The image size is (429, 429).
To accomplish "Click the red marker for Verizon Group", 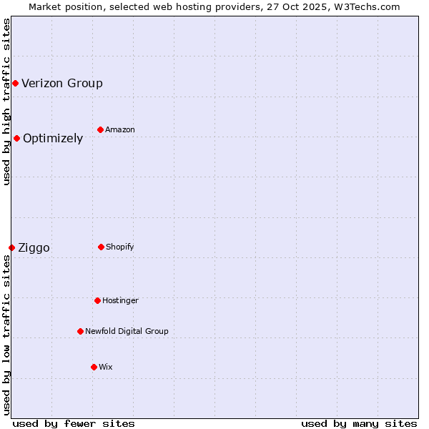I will click(15, 84).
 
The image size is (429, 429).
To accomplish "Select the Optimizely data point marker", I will click(16, 138).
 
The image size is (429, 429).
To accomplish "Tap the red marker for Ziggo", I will click(11, 247).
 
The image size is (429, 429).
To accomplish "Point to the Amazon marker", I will click(100, 129).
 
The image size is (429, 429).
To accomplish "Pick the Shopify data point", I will click(101, 247).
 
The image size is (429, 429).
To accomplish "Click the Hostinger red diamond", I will click(97, 300).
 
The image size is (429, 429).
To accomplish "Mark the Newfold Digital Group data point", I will click(80, 331).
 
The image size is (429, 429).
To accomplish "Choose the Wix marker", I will click(94, 367).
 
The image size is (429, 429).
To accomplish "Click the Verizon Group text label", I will click(62, 83).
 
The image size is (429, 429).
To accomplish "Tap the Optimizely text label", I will click(53, 138).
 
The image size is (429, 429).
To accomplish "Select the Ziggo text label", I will click(34, 247).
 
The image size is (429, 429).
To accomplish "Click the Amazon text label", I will click(120, 129).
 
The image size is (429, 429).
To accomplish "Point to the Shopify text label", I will click(120, 247).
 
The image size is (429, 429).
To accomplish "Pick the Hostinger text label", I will click(120, 300).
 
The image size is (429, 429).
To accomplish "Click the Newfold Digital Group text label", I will click(127, 331).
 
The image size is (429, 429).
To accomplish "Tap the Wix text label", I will click(106, 367).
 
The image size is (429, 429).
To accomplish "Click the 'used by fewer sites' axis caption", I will click(74, 423).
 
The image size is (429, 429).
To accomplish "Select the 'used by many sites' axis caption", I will click(359, 423).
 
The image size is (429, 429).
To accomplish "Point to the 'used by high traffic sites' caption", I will click(7, 102).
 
